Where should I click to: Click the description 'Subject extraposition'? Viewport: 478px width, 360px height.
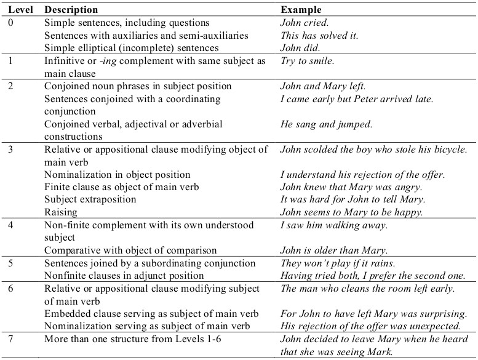90,199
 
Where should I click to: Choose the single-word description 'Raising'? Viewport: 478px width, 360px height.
62,212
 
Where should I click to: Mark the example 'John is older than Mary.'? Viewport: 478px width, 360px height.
334,250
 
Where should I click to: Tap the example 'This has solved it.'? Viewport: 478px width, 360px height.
319,36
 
